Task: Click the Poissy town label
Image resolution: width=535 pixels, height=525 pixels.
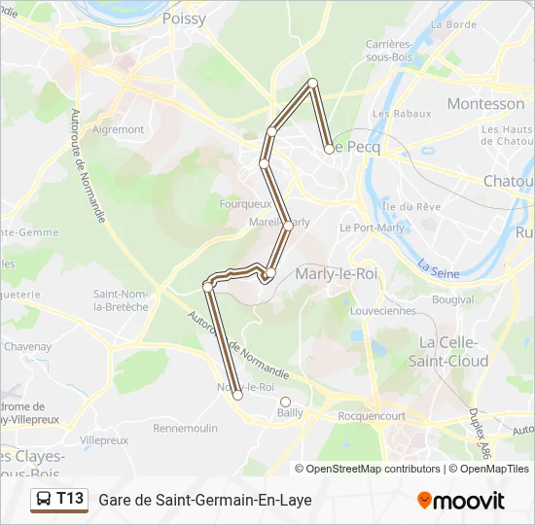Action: (x=184, y=18)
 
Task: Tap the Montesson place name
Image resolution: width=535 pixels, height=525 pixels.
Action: (x=484, y=103)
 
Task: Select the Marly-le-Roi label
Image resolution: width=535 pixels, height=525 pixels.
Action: (x=336, y=273)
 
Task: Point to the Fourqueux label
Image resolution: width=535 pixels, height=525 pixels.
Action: (x=245, y=204)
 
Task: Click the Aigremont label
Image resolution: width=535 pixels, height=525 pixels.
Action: (x=118, y=129)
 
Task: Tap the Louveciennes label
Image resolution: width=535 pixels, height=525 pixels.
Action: (x=382, y=311)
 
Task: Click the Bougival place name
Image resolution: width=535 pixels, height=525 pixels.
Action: (x=452, y=300)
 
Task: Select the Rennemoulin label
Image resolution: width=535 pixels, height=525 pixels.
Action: (x=185, y=428)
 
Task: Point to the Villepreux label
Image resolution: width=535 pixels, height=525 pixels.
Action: (x=104, y=440)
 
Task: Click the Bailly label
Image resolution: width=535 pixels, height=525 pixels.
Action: (x=290, y=413)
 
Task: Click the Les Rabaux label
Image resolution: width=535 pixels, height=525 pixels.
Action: (x=401, y=114)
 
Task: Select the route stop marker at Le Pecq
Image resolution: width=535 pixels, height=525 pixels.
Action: (x=329, y=149)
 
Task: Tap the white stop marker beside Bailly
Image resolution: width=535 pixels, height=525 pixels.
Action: (x=285, y=402)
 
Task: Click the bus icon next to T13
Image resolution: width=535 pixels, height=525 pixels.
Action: (x=44, y=500)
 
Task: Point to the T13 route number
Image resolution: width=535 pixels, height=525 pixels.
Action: (x=70, y=499)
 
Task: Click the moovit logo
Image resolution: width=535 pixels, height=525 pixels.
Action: (x=461, y=501)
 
